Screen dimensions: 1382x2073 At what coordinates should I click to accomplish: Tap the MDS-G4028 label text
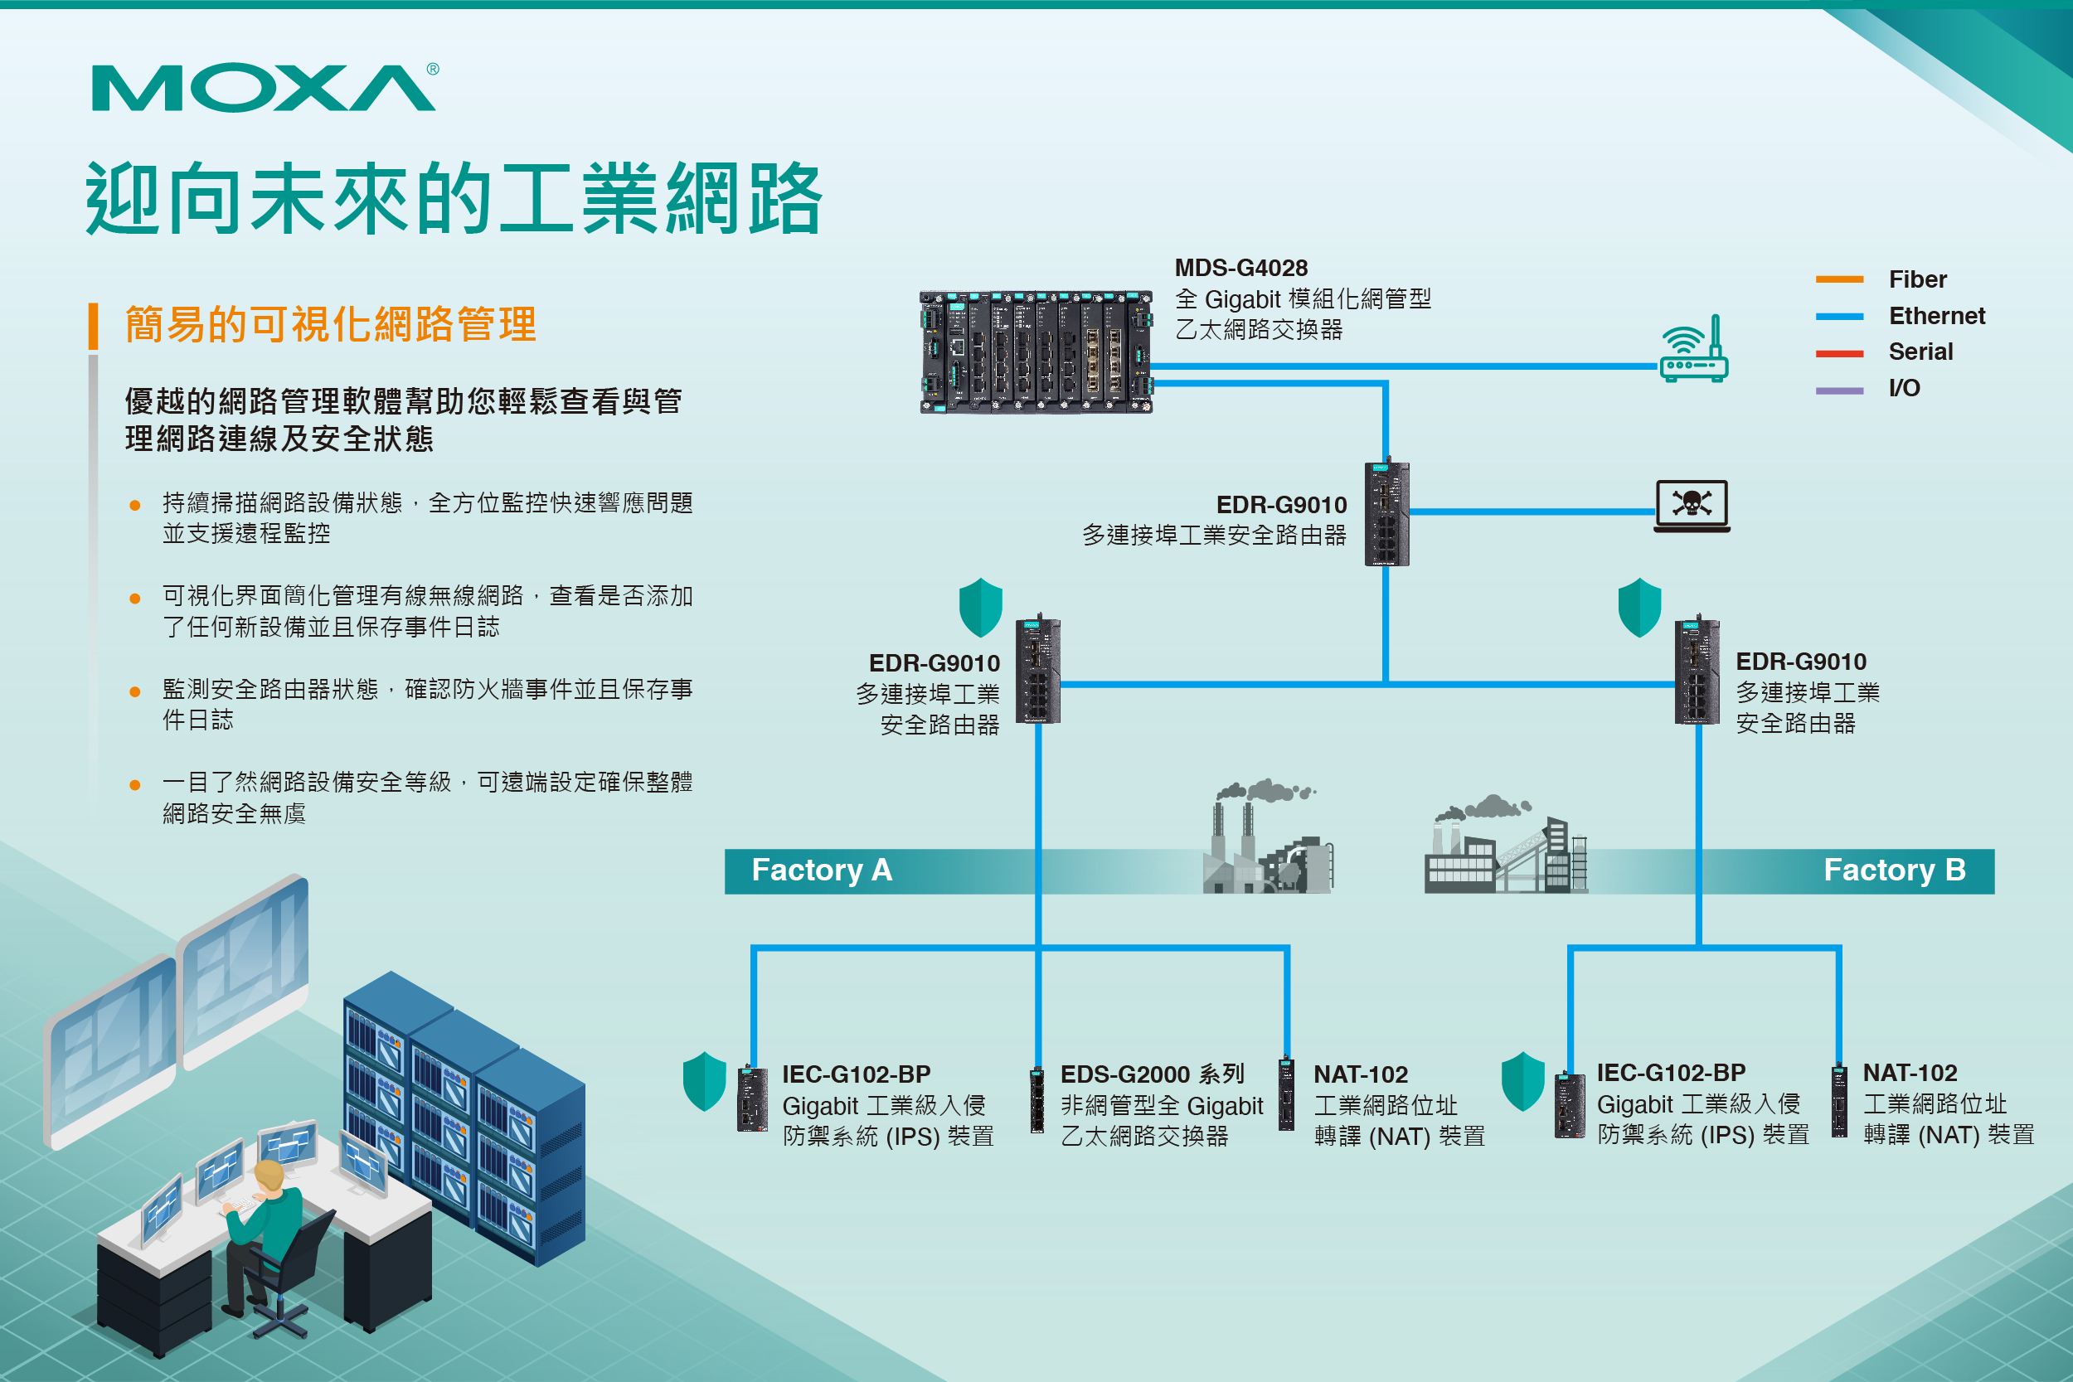tap(1241, 268)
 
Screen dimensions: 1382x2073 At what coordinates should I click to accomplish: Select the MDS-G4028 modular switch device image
tap(1036, 352)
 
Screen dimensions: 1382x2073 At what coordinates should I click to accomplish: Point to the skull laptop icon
tap(1692, 506)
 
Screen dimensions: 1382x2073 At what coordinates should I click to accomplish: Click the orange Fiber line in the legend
tap(1838, 279)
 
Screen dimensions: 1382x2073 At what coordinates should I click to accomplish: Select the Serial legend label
tap(1920, 352)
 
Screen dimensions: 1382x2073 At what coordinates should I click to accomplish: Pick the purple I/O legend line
tap(1838, 390)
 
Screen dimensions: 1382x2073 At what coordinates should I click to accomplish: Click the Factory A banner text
tap(822, 870)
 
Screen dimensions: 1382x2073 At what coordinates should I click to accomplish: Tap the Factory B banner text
tap(1894, 870)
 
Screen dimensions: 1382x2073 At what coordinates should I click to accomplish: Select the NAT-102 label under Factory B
tap(1909, 1073)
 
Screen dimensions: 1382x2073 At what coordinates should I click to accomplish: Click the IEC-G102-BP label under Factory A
tap(856, 1074)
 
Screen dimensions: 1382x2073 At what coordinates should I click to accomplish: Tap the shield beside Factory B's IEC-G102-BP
tap(1522, 1080)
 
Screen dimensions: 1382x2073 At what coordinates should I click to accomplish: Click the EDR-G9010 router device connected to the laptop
tap(1386, 514)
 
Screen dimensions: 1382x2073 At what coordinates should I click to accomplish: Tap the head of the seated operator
tap(269, 1176)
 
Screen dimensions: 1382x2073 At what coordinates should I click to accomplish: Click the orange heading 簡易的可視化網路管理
tap(331, 324)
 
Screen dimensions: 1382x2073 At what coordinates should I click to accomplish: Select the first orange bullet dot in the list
tap(135, 505)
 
